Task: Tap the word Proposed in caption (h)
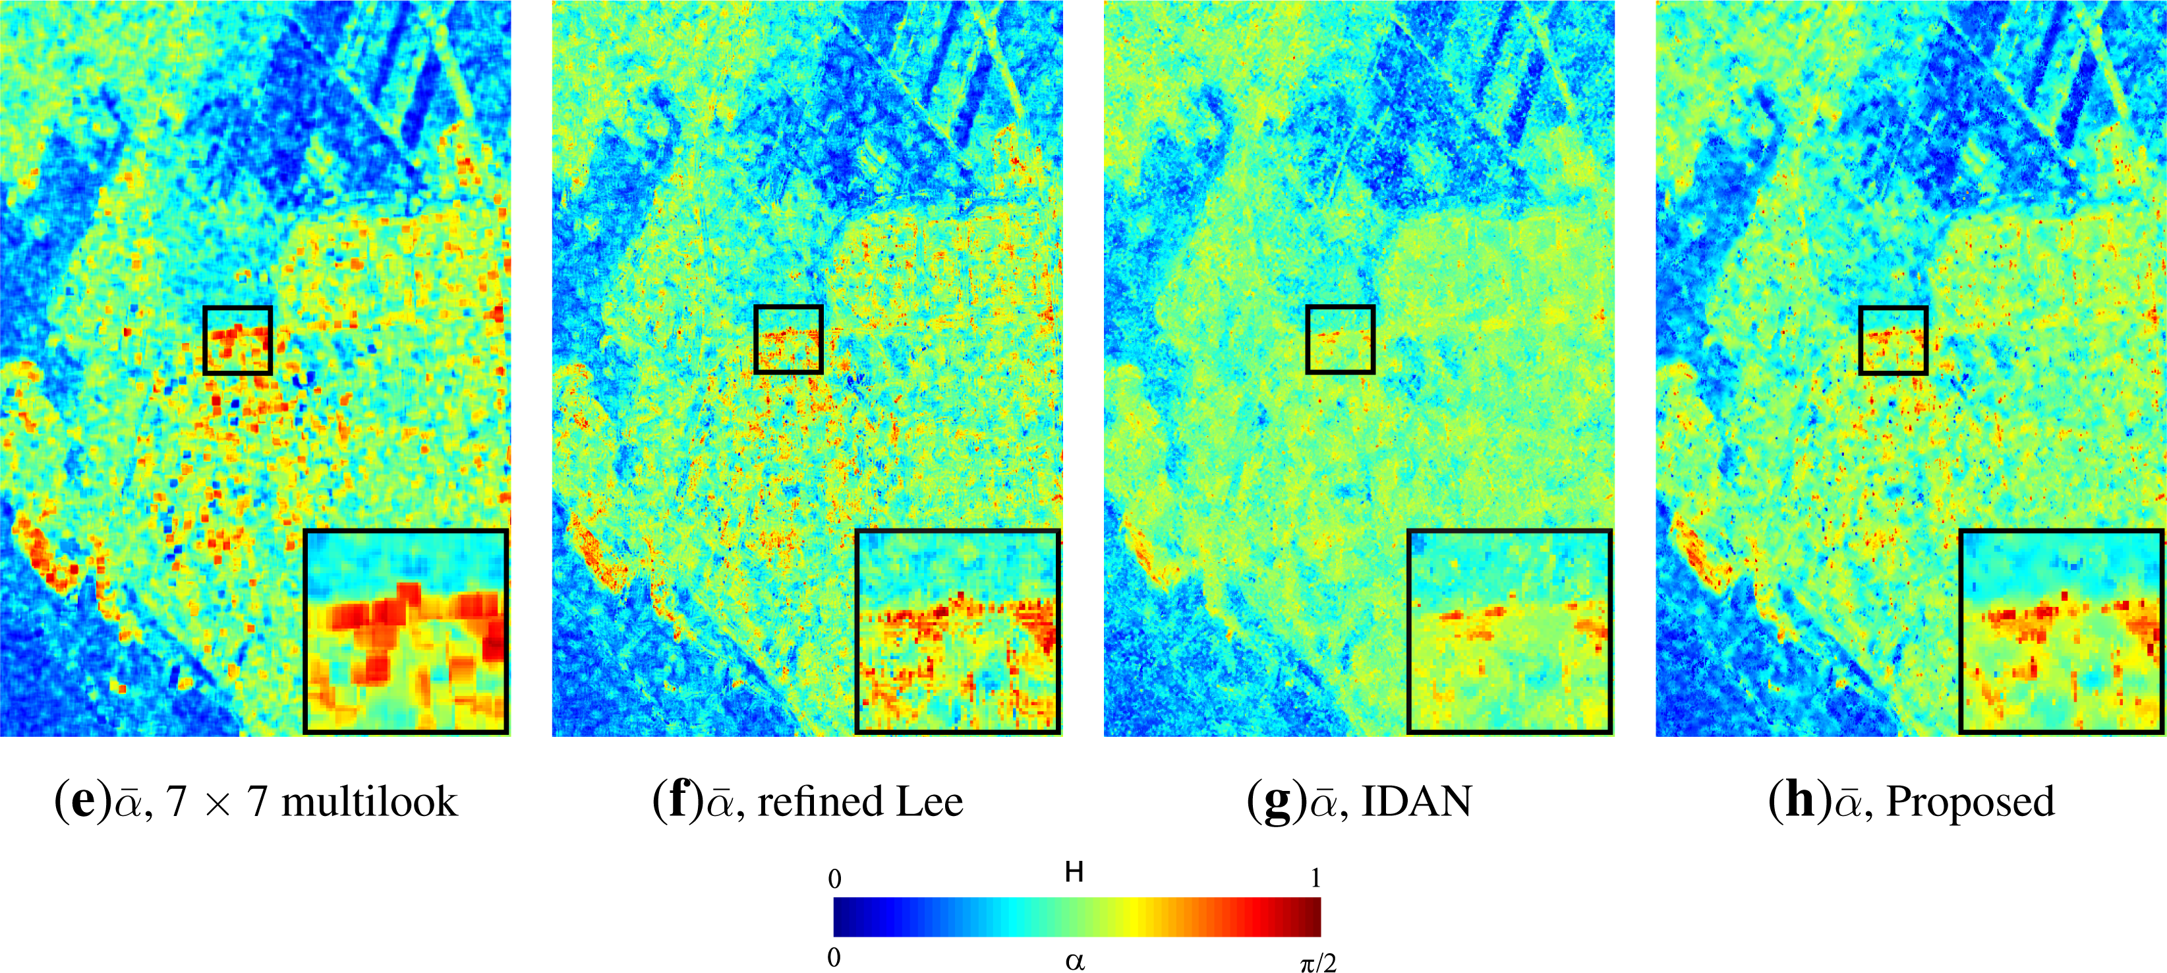click(1970, 802)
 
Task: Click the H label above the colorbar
click(1074, 873)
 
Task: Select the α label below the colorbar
click(1074, 960)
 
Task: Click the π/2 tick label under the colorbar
click(1317, 962)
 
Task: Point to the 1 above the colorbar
click(1315, 879)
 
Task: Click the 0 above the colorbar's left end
click(834, 879)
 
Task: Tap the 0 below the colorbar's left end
click(834, 958)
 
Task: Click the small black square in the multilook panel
click(238, 340)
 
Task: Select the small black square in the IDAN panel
click(1340, 340)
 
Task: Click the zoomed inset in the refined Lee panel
click(958, 631)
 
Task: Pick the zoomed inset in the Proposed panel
click(2061, 631)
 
